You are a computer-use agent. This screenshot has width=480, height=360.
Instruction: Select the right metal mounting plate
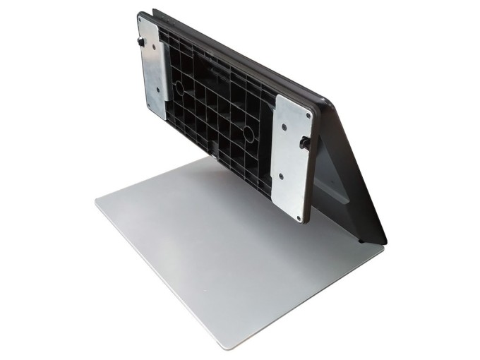click(x=292, y=157)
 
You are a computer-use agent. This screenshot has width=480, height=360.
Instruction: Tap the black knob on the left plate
click(x=142, y=44)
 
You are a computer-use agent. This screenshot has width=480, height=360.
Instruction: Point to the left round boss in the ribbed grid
click(x=178, y=88)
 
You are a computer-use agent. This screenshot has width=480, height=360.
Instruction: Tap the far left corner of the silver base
click(x=97, y=203)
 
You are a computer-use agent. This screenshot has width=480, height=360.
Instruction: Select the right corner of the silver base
click(x=381, y=246)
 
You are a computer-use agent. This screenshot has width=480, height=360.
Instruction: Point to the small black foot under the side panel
click(x=361, y=241)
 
